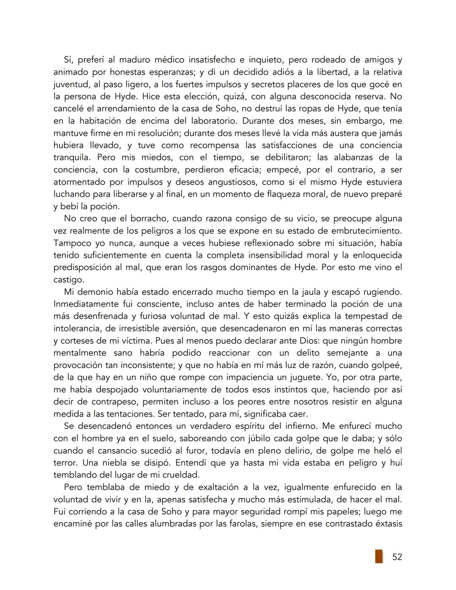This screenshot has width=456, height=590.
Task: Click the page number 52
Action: [x=397, y=557]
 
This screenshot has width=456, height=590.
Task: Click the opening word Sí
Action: [x=68, y=60]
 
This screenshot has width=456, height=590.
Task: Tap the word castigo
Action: [x=68, y=280]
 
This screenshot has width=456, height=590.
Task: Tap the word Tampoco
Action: [x=72, y=243]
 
